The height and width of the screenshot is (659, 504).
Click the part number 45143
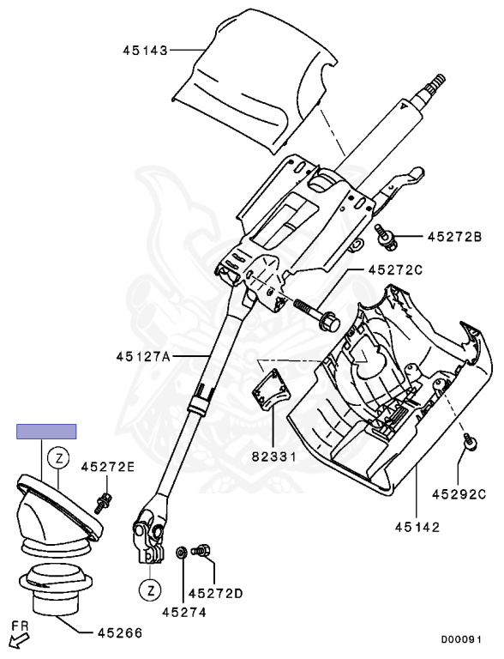[144, 51]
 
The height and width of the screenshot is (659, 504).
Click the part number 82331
[273, 457]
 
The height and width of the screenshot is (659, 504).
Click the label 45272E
[108, 467]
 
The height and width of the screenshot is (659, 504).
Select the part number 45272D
[216, 593]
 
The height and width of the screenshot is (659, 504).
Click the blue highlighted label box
[47, 432]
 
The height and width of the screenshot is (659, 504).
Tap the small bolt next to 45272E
[105, 498]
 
